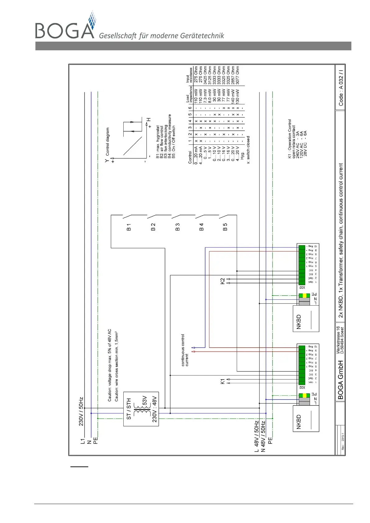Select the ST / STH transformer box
point(141,409)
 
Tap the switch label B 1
point(129,227)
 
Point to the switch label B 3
point(177,227)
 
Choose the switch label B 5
point(225,227)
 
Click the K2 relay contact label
point(222,281)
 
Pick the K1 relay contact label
point(222,381)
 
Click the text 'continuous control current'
point(185,350)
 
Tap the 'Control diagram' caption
point(107,141)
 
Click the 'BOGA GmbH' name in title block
point(340,380)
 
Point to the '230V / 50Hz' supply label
point(81,411)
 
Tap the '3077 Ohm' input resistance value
point(238,75)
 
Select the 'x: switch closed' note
point(248,150)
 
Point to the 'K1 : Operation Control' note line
point(290,139)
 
